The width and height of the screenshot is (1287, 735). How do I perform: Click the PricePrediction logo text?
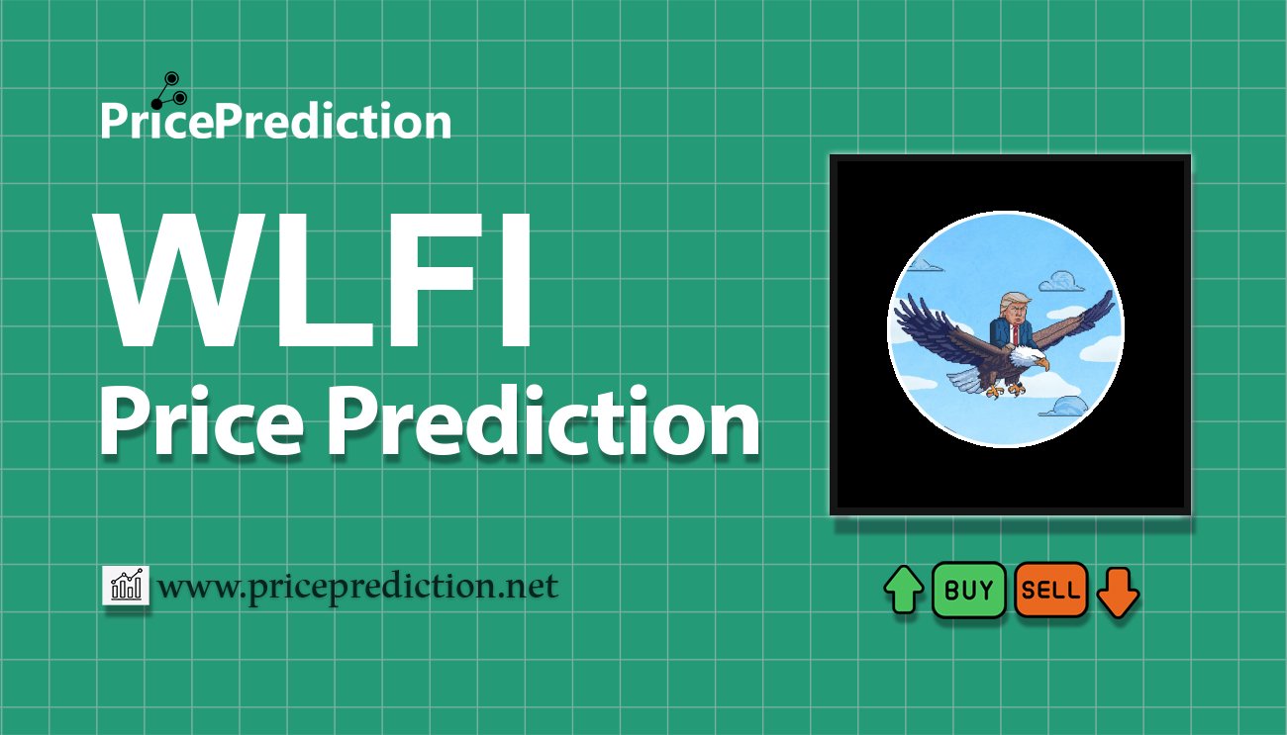click(275, 122)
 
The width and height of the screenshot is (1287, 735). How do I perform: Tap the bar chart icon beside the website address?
click(126, 587)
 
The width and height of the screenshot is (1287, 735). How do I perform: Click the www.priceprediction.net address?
click(358, 587)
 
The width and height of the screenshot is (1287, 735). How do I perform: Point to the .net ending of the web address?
click(526, 588)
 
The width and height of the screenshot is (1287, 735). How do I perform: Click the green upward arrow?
click(903, 592)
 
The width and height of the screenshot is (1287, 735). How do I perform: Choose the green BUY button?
click(968, 591)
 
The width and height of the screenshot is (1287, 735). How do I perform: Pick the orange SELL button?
click(1050, 591)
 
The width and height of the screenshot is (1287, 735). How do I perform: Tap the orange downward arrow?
click(1118, 592)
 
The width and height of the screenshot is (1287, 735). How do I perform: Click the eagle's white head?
click(1029, 356)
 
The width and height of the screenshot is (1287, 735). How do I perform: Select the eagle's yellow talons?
click(1002, 391)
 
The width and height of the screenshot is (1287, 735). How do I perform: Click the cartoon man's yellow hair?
click(1012, 299)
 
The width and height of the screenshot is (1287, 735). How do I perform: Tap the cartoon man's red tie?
click(1013, 334)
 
